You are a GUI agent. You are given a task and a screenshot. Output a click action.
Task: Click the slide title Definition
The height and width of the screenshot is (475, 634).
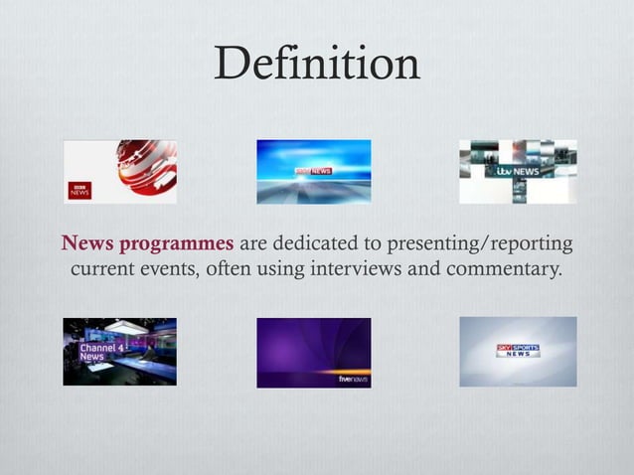(317, 66)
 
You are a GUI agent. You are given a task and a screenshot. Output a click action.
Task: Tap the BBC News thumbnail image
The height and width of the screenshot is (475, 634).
(120, 171)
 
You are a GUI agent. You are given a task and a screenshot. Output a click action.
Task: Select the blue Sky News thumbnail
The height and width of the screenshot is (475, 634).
(313, 171)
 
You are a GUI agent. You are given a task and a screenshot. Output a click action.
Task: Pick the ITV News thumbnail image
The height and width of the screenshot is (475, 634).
(517, 171)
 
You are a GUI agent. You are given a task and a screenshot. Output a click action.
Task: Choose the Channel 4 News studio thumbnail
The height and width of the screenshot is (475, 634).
(119, 352)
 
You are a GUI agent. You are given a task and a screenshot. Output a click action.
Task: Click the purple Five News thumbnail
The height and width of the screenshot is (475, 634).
(313, 352)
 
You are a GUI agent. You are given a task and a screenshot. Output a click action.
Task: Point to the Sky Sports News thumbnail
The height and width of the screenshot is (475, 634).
(517, 352)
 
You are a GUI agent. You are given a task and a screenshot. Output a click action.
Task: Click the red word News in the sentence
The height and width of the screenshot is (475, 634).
(84, 244)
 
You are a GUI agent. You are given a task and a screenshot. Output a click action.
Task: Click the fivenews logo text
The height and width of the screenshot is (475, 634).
(353, 379)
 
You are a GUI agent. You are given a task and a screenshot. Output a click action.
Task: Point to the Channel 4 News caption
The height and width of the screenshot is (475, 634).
(91, 351)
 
